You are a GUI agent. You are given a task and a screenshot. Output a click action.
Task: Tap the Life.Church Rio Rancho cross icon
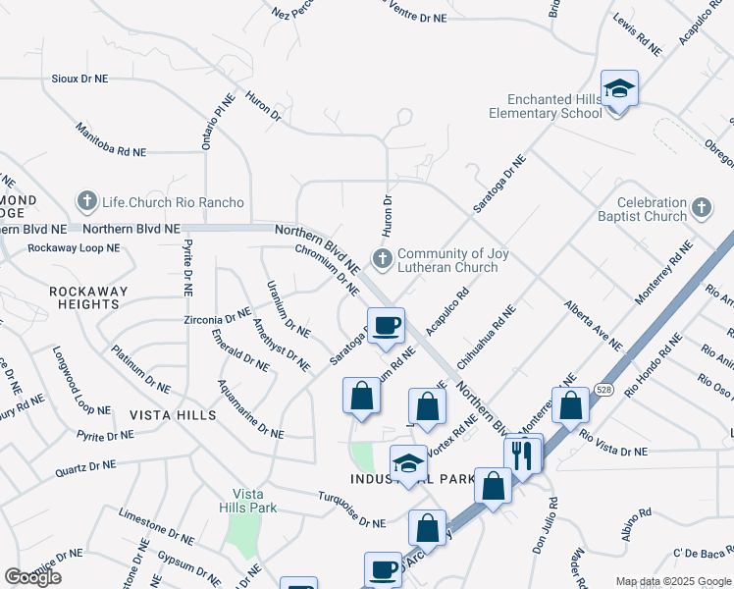(86, 201)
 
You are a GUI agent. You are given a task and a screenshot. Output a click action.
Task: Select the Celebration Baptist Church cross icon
(701, 208)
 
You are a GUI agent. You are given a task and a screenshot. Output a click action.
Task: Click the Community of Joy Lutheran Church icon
(381, 260)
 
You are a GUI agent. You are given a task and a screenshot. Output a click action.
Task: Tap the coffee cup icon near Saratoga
(386, 325)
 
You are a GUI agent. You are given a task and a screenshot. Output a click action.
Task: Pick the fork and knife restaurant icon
(522, 455)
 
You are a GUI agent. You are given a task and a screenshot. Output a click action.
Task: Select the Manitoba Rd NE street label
(110, 140)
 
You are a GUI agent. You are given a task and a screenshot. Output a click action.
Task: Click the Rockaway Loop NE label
(74, 248)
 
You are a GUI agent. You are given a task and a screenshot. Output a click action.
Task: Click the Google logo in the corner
(32, 577)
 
